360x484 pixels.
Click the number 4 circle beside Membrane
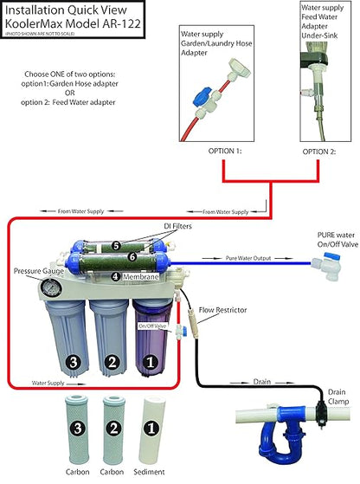pos(114,276)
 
